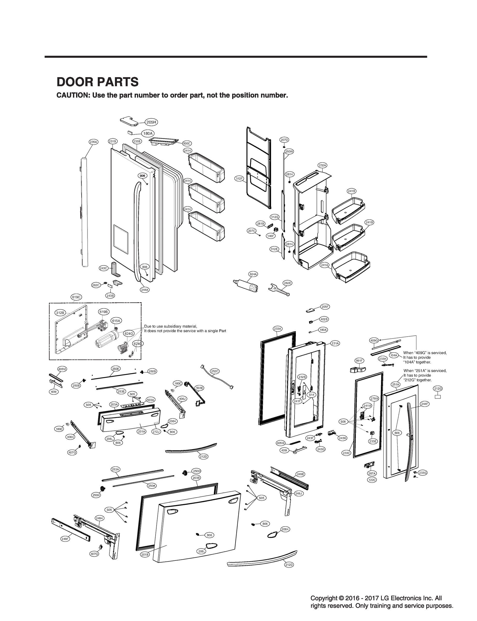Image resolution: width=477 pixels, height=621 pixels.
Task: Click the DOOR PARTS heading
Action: click(97, 82)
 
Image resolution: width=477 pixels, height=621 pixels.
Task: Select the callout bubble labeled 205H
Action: click(151, 122)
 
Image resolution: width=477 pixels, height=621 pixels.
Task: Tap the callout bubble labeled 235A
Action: click(93, 142)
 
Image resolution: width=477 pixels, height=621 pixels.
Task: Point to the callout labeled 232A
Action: click(322, 165)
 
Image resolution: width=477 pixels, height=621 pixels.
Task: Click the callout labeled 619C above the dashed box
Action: click(76, 297)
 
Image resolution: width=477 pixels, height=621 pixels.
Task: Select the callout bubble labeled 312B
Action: click(60, 313)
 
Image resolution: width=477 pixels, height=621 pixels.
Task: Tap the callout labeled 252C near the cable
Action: click(215, 371)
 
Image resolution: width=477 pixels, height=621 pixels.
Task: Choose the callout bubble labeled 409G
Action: click(374, 340)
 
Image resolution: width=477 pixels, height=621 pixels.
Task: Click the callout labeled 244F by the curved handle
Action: click(424, 404)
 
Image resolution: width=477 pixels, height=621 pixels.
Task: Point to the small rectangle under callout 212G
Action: click(438, 397)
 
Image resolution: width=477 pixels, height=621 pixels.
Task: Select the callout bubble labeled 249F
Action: click(65, 539)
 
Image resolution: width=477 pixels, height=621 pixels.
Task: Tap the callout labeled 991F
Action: click(359, 361)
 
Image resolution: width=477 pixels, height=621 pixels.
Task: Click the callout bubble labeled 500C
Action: click(187, 144)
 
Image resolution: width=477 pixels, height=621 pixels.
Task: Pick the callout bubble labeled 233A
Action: click(277, 329)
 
